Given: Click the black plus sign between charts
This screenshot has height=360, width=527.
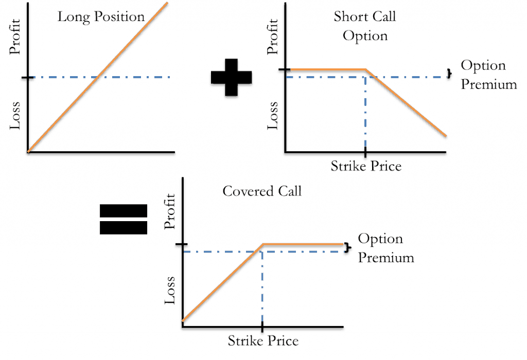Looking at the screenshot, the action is [x=231, y=77].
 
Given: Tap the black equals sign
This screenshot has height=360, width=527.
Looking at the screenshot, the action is [x=124, y=219].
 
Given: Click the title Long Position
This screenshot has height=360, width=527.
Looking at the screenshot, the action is [x=101, y=17].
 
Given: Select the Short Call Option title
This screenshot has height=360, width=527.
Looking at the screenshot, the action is [x=365, y=26].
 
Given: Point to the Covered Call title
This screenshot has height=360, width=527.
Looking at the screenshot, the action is [x=262, y=191].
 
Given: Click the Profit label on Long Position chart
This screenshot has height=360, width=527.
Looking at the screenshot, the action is [x=15, y=37].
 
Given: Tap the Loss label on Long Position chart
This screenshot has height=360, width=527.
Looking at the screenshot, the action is [x=15, y=115].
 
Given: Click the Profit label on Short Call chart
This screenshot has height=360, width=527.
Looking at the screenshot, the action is [x=273, y=37].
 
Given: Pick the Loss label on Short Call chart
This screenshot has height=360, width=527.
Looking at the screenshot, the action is [x=273, y=115].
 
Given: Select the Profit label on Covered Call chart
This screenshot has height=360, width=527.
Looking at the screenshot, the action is [x=170, y=211].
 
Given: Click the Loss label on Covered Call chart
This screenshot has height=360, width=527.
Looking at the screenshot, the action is [x=170, y=290].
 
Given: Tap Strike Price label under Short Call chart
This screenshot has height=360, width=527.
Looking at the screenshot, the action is [x=366, y=166].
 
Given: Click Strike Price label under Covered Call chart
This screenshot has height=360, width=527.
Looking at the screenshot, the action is [x=263, y=340].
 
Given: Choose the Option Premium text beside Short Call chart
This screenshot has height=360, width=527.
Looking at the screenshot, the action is [x=489, y=75].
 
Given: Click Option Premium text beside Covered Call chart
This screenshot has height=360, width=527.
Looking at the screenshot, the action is [x=386, y=248].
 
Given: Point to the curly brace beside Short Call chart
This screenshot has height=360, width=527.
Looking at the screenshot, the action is [x=449, y=73].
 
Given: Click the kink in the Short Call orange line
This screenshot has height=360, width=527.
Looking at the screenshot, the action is [x=366, y=69].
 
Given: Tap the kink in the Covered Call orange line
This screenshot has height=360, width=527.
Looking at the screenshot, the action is [x=263, y=244].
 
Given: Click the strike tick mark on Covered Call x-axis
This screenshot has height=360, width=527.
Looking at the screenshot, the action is [x=262, y=327].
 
